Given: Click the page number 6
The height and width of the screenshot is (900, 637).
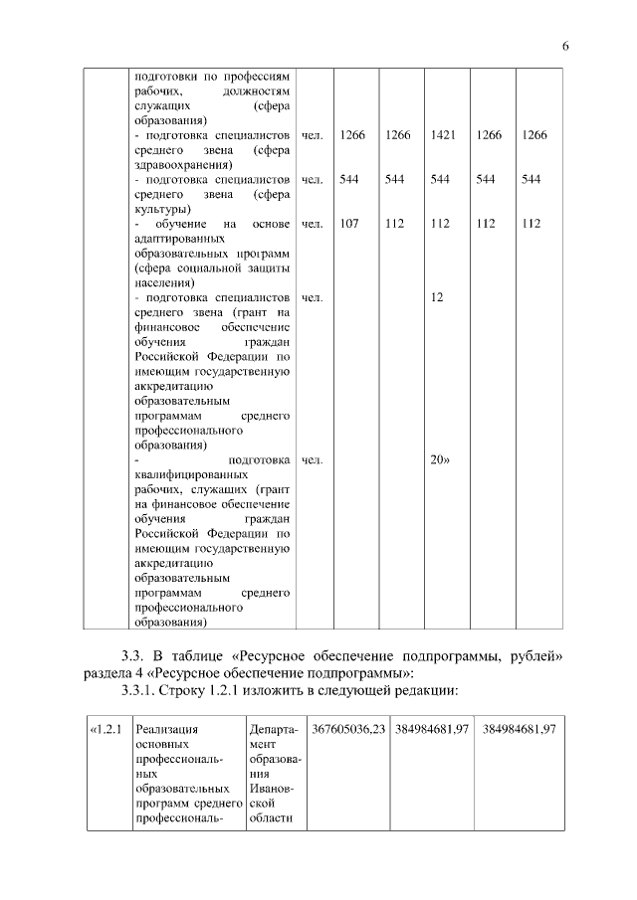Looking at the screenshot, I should pyautogui.click(x=564, y=47).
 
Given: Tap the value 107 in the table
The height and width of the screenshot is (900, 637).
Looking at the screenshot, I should pyautogui.click(x=349, y=224).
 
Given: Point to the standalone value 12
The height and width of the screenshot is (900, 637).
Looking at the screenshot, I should pyautogui.click(x=436, y=297).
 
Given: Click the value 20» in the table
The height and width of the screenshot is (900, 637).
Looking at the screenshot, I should pyautogui.click(x=440, y=460).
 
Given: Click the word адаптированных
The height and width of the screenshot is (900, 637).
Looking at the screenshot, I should pyautogui.click(x=177, y=239).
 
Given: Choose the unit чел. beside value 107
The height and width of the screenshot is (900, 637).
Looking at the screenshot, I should pyautogui.click(x=313, y=224).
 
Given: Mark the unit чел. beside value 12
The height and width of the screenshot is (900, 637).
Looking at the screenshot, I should pyautogui.click(x=313, y=297).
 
